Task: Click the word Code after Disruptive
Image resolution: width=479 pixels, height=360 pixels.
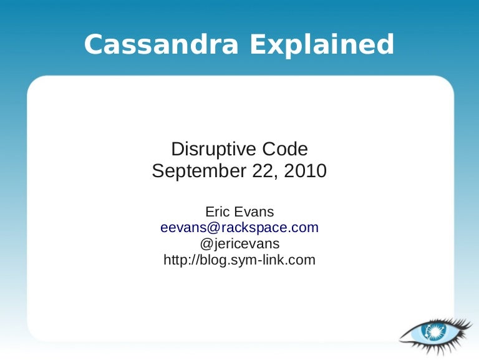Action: (286, 149)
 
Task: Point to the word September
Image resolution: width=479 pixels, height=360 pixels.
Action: (197, 171)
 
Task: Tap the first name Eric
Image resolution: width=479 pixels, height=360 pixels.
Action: (218, 212)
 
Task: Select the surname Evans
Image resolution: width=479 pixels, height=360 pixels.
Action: (256, 212)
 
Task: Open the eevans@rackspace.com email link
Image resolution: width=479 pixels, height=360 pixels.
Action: (239, 228)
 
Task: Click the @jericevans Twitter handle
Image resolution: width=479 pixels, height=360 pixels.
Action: (239, 244)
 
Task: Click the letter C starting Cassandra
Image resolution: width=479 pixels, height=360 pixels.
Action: (93, 45)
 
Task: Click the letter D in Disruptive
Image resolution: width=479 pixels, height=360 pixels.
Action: (177, 149)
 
